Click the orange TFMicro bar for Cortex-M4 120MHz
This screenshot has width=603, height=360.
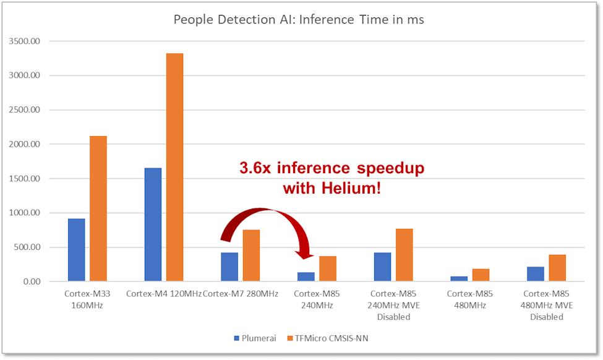point(174,167)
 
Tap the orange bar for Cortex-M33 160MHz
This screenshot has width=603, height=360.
point(98,208)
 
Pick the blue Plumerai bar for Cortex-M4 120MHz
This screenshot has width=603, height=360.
point(153,225)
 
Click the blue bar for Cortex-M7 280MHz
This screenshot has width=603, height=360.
point(229,267)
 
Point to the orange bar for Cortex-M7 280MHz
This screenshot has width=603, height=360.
point(251,255)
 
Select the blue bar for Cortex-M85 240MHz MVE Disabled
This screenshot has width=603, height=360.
point(382,267)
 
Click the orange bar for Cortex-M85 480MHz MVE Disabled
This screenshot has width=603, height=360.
point(557,268)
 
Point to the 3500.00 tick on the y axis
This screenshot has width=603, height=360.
point(24,41)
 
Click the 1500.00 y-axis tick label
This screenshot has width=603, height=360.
point(24,179)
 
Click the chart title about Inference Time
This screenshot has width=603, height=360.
point(299,20)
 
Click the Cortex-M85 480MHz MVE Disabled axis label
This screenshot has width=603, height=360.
point(546,305)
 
